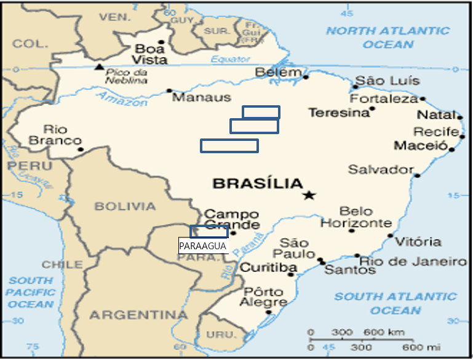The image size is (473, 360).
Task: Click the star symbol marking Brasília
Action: coord(308,196)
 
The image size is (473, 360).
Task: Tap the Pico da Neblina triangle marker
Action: coord(99,66)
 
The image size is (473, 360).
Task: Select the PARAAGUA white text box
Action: coord(204,246)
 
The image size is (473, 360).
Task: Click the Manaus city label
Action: coord(201,97)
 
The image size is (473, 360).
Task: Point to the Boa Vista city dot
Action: coord(161,42)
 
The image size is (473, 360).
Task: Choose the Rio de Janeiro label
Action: coord(413,262)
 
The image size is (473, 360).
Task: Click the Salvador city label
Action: coord(381,169)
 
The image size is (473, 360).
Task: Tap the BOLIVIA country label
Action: coord(125,206)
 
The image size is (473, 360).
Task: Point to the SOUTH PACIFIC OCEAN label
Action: coord(31,292)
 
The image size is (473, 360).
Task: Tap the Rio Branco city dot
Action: coord(80,149)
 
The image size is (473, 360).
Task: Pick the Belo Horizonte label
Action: coord(356,217)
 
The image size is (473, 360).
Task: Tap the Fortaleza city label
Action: coord(384,98)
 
